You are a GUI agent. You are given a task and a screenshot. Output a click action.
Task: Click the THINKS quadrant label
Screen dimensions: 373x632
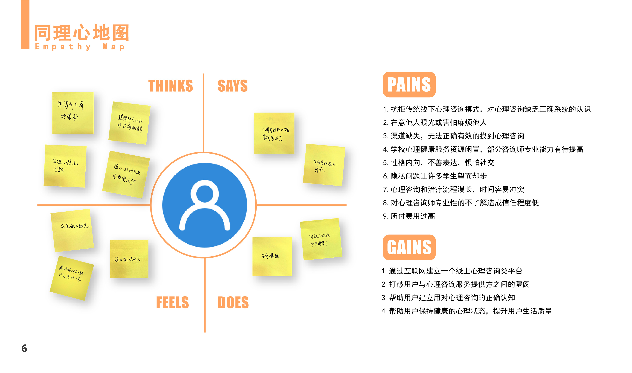click(x=171, y=86)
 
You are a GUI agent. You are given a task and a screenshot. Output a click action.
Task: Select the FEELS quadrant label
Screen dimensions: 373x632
click(x=172, y=302)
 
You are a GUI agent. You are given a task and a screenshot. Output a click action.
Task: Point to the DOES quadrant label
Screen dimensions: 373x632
click(x=233, y=302)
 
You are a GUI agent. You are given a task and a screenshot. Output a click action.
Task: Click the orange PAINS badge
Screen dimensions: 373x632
click(x=409, y=85)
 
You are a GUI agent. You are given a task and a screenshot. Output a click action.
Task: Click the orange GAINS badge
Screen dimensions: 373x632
click(x=409, y=247)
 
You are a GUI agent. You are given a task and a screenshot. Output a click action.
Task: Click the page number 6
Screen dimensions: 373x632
click(x=24, y=348)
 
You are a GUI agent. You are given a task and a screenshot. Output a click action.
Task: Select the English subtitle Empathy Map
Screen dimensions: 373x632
click(x=80, y=47)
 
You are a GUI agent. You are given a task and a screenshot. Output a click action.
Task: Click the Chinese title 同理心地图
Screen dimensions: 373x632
click(x=82, y=33)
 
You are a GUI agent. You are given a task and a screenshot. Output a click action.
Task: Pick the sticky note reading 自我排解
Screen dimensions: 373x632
click(x=272, y=256)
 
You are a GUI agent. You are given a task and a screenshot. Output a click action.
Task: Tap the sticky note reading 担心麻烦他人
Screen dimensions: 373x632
click(x=129, y=259)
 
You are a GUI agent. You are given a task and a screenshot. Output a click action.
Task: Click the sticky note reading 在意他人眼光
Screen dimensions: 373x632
click(x=72, y=230)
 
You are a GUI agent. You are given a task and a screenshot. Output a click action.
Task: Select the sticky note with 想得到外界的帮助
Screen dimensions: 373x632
click(x=73, y=113)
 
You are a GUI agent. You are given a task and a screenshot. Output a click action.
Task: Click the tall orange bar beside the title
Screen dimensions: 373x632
click(x=25, y=24)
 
